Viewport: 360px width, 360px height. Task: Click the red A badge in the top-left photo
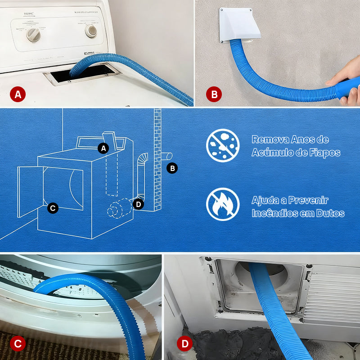[x=18, y=94]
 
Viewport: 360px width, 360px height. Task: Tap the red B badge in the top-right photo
[x=214, y=94]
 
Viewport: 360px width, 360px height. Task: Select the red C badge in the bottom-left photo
[x=18, y=344]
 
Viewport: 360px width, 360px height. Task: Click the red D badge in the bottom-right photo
[x=184, y=344]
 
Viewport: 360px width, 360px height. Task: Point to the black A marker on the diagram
[x=103, y=148]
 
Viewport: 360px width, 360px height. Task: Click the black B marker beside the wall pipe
[x=172, y=168]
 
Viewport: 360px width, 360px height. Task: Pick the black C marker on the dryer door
[x=53, y=208]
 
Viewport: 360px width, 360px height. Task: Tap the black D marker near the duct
[x=138, y=204]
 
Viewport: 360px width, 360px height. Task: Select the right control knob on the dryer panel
[x=91, y=31]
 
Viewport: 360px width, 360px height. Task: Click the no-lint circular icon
[x=223, y=145]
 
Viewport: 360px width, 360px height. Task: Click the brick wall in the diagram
[x=157, y=157]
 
